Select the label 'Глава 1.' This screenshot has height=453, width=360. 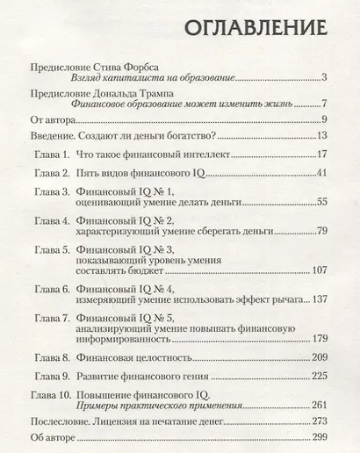[52, 155]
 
